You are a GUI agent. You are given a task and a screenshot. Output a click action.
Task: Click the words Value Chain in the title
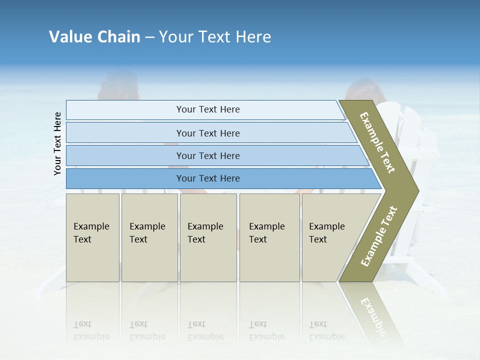pyautogui.click(x=94, y=37)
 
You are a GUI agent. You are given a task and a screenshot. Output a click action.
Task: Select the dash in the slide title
pyautogui.click(x=149, y=37)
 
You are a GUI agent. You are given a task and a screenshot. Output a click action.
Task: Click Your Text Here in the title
pyautogui.click(x=215, y=37)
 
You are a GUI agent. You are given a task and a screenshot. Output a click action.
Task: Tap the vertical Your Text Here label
pyautogui.click(x=57, y=143)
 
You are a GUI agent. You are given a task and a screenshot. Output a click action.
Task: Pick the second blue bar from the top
pyautogui.click(x=208, y=133)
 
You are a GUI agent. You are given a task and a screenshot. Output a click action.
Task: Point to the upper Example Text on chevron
pyautogui.click(x=377, y=142)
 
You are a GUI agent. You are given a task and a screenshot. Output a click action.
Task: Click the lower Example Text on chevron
pyautogui.click(x=379, y=236)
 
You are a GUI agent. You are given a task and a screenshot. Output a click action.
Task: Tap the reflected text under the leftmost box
pyautogui.click(x=91, y=330)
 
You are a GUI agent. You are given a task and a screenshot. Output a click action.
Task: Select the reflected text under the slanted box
pyautogui.click(x=326, y=330)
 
